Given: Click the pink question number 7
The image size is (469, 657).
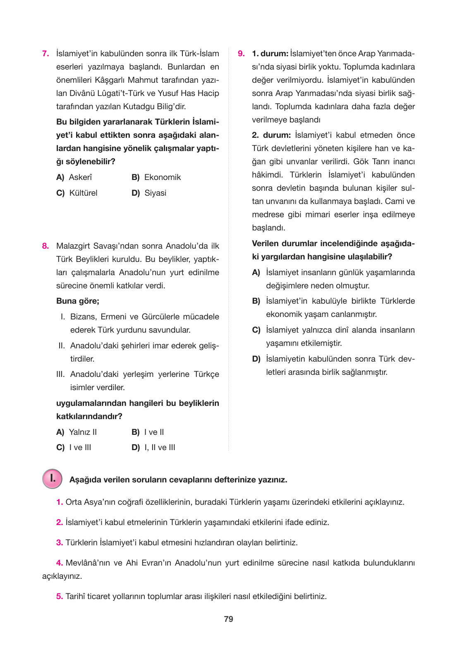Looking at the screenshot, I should point(45,54).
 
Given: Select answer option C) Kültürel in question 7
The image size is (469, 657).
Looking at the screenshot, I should point(77,193).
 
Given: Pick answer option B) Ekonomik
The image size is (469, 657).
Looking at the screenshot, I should point(156,177).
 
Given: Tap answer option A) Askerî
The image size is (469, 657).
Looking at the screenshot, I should point(74,177).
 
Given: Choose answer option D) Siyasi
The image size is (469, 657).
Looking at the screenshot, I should point(149,193).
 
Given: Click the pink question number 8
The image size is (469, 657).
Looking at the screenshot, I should point(45,246).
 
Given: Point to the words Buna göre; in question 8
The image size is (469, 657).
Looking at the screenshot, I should point(78,301).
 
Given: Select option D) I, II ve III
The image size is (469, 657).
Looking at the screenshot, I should point(153,448).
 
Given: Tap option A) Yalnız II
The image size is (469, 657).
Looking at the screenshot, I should point(77,432).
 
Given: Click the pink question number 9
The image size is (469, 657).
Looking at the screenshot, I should point(241,54).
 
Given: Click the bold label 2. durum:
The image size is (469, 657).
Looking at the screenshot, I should point(271,135).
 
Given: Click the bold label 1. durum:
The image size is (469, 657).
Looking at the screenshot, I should point(270,54).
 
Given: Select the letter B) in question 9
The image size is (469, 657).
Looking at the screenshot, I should point(256,301).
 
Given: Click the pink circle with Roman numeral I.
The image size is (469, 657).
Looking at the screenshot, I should point(52,479).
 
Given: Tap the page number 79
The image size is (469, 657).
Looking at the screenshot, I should point(228,619).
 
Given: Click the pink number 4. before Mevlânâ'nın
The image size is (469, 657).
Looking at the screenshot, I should point(60,563).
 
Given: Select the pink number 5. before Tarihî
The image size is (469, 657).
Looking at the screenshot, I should point(60,597).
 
